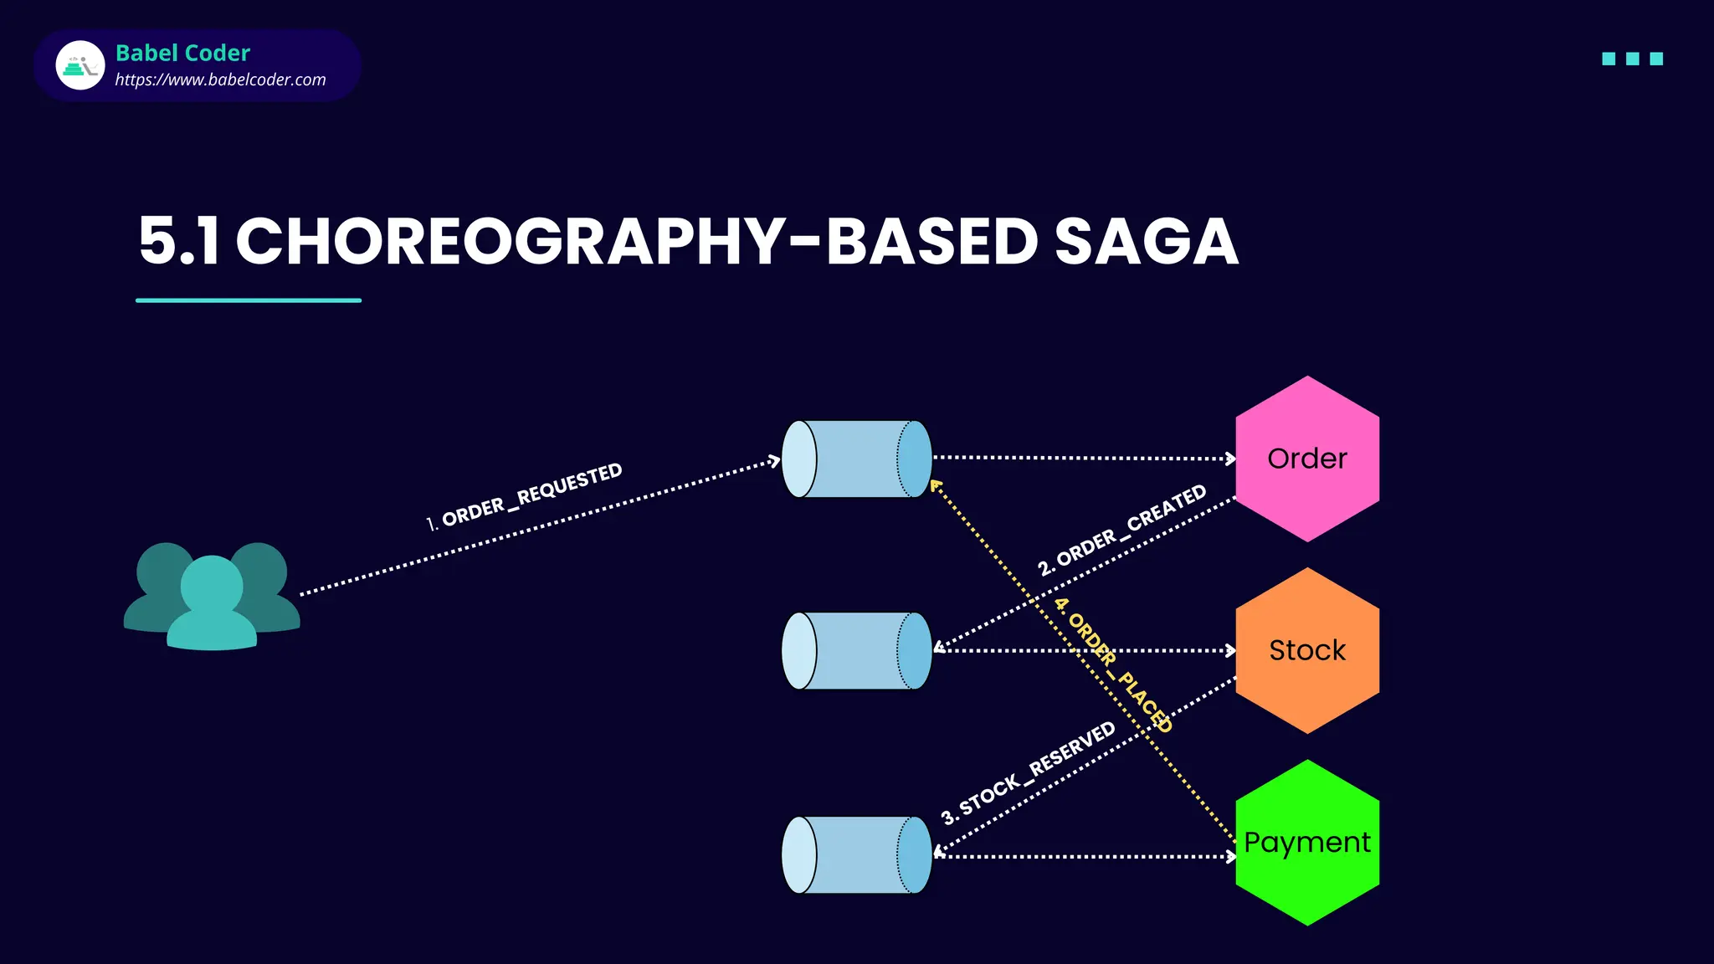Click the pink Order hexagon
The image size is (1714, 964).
pos(1307,459)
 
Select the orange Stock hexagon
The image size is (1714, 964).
pos(1307,650)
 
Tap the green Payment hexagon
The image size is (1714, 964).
pos(1307,842)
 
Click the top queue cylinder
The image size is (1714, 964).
pos(856,459)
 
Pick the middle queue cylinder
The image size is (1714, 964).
pos(856,651)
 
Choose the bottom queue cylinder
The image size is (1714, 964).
pos(856,855)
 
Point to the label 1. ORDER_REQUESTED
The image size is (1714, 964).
pos(525,496)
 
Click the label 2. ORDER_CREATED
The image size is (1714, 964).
pos(1122,530)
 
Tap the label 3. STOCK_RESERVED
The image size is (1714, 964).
pos(1029,772)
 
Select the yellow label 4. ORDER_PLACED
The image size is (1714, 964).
pos(1114,664)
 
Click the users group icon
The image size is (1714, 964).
pos(212,596)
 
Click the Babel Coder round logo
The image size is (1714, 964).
pos(80,65)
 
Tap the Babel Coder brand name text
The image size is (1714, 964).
pos(182,53)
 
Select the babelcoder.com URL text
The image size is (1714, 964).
pos(220,80)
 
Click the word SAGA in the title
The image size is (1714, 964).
pos(1146,242)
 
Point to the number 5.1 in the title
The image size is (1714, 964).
pos(178,242)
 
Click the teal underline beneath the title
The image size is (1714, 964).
pos(249,300)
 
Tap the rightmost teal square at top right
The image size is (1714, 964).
pos(1655,59)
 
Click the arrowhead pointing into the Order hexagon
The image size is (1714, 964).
pos(1230,459)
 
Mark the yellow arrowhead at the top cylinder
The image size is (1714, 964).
pos(936,485)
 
